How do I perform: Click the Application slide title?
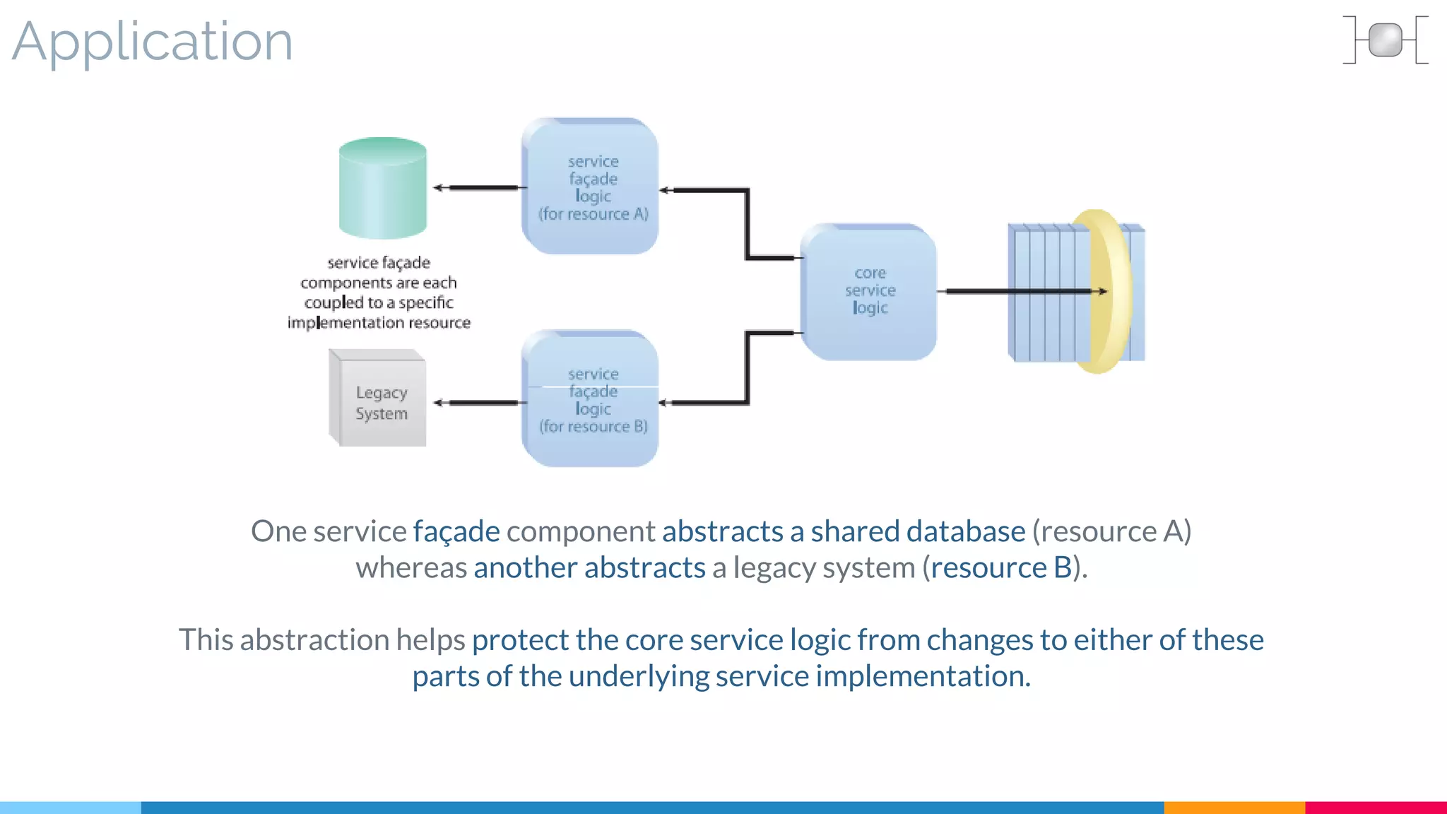tap(152, 41)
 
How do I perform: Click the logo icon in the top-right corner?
tap(1385, 40)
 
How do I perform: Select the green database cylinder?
tap(382, 189)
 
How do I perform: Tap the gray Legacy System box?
tap(379, 399)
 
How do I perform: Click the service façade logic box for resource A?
tap(591, 187)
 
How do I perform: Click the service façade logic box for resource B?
tap(591, 399)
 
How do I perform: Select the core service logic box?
tap(869, 291)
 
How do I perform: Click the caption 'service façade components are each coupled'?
tap(379, 293)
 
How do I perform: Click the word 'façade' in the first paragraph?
tap(456, 531)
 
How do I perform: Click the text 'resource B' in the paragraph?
tap(1000, 567)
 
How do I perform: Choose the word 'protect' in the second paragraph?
tap(520, 640)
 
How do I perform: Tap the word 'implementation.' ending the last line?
tap(923, 676)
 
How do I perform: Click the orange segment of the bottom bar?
tap(1234, 807)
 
